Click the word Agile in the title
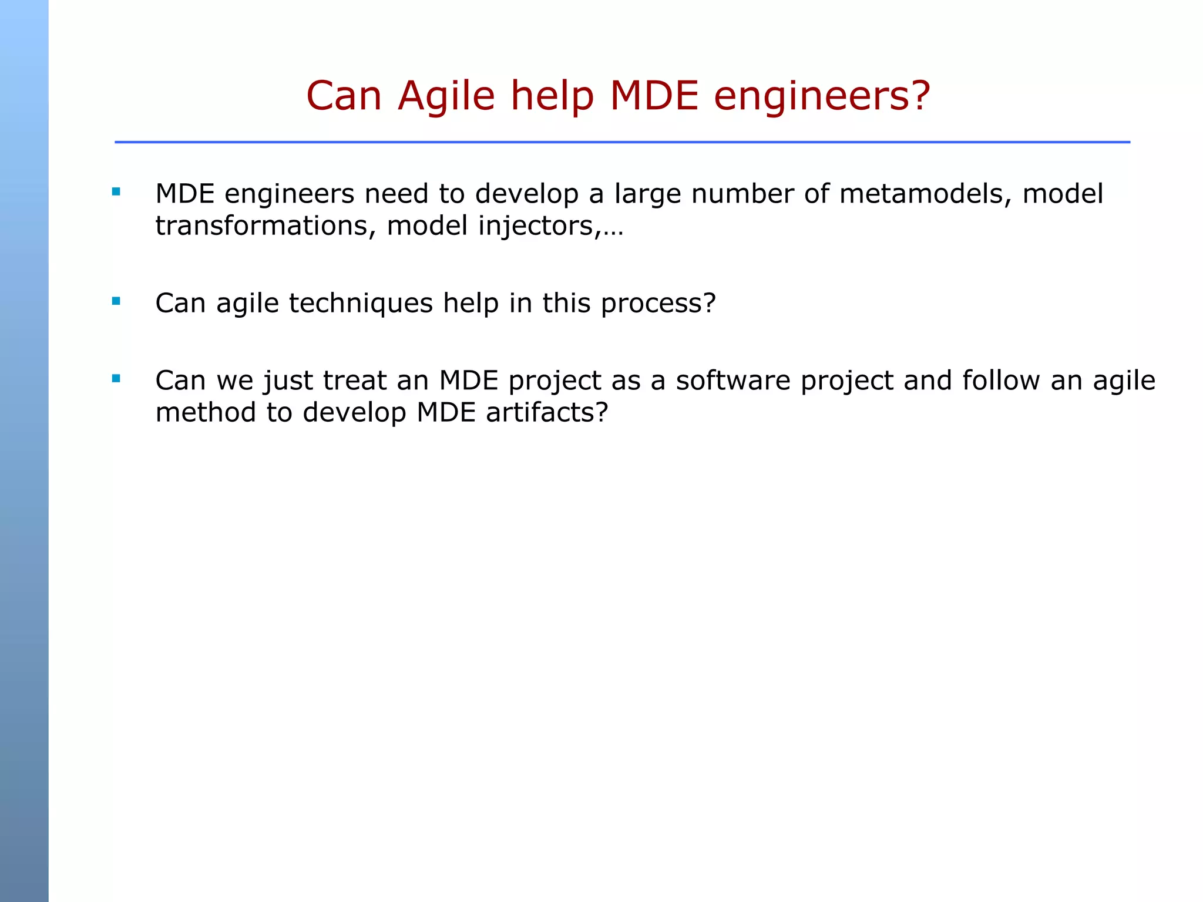tap(446, 96)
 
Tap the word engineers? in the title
tap(822, 96)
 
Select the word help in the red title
tap(552, 96)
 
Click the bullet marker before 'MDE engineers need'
tap(116, 191)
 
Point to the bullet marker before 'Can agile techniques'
tap(116, 301)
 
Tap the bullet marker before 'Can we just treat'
tap(116, 379)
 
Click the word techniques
tap(361, 304)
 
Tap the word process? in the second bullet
tap(658, 304)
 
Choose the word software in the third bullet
tap(733, 381)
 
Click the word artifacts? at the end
tap(546, 412)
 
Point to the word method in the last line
tap(206, 412)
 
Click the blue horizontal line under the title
tap(623, 142)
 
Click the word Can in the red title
tap(344, 96)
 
